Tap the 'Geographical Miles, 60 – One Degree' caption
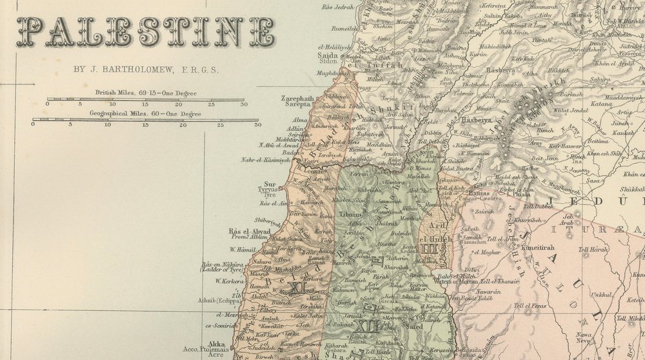[145, 114]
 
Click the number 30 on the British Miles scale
[243, 104]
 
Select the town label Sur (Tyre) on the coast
[270, 184]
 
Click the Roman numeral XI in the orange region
[297, 288]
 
